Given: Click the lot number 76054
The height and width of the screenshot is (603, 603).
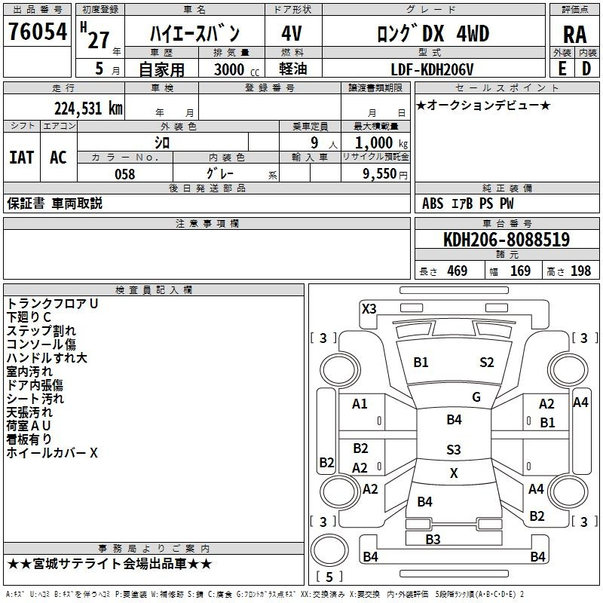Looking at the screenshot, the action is tap(38, 32).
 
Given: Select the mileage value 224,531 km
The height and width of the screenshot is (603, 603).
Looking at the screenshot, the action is tap(88, 109).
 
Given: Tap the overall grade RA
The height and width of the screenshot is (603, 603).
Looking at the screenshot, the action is tap(574, 35).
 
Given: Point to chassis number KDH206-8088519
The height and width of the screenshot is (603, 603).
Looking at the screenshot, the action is tap(507, 240).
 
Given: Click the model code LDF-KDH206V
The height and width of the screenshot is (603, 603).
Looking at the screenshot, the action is tap(432, 69).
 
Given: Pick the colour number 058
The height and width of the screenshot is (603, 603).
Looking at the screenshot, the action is tap(125, 174).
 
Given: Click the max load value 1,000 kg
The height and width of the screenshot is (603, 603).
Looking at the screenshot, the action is tap(381, 143).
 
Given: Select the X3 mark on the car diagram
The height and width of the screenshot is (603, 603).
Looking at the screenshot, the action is tap(369, 309).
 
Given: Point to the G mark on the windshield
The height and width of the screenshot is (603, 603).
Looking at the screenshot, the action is tap(476, 397).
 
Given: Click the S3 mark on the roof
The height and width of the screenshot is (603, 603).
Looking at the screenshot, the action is tap(454, 449).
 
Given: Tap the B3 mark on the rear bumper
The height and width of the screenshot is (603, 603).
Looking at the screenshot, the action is tap(433, 540).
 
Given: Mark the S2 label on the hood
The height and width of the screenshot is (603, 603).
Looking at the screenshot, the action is tap(486, 363).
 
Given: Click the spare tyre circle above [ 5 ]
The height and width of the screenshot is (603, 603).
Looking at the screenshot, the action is tap(329, 550).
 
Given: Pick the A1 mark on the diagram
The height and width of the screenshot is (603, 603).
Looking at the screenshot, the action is tap(360, 404).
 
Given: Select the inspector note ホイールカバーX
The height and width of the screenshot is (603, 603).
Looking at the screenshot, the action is tap(52, 453).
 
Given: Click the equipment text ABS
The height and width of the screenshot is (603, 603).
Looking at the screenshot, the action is tap(433, 204).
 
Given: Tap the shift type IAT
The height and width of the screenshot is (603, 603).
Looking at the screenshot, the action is tap(22, 158).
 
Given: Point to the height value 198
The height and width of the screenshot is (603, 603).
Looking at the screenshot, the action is tap(580, 271).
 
